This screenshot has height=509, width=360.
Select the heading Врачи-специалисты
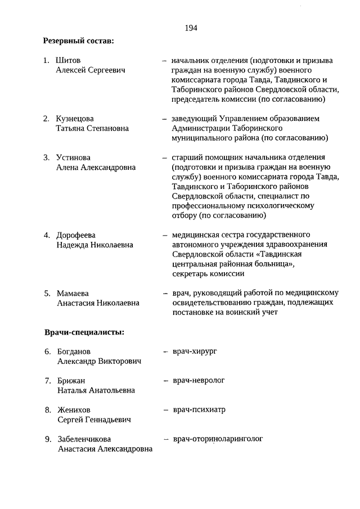pyautogui.click(x=84, y=332)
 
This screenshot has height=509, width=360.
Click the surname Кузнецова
pyautogui.click(x=75, y=119)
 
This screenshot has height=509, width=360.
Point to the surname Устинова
pyautogui.click(x=73, y=157)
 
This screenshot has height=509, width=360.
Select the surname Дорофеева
pyautogui.click(x=76, y=235)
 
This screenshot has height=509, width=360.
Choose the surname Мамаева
pyautogui.click(x=73, y=293)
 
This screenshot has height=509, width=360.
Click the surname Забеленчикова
pyautogui.click(x=84, y=439)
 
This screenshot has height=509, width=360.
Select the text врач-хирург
pyautogui.click(x=195, y=351)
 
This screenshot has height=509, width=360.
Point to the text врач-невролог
pyautogui.click(x=199, y=380)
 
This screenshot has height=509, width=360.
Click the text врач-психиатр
pyautogui.click(x=199, y=409)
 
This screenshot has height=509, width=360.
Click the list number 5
pyautogui.click(x=47, y=293)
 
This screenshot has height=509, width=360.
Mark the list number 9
pyautogui.click(x=47, y=439)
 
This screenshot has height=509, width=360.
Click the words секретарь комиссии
pyautogui.click(x=208, y=274)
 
